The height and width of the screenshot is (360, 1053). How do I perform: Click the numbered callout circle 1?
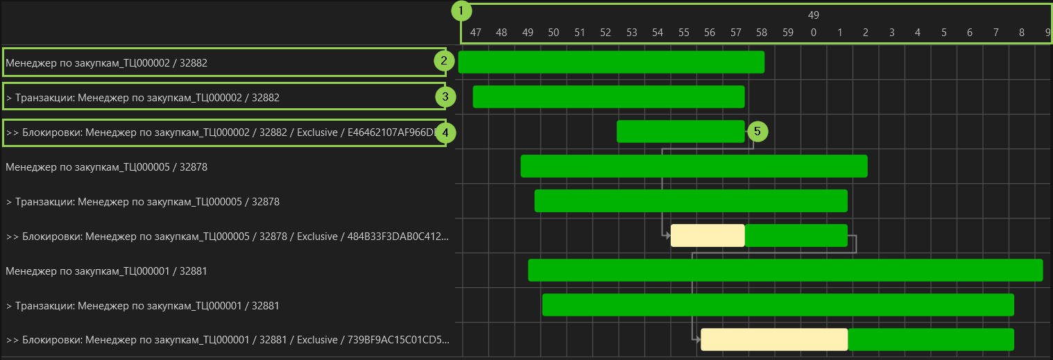click(461, 11)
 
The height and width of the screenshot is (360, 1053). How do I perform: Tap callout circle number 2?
click(445, 61)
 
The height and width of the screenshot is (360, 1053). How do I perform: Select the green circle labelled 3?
click(445, 96)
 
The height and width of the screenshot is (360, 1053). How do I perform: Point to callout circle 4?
click(445, 132)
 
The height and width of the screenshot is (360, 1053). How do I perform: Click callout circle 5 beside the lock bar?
click(757, 130)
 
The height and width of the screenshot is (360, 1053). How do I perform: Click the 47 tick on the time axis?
click(475, 32)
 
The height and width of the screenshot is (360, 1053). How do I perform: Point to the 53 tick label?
click(631, 32)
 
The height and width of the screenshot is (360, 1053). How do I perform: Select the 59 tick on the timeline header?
click(787, 32)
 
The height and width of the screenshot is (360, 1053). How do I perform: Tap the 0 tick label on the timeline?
click(814, 32)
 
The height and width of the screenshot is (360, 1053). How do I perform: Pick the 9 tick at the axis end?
click(1047, 32)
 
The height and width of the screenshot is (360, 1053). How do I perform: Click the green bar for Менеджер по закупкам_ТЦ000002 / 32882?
click(611, 62)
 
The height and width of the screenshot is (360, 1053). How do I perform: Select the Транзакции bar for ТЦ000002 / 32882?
click(608, 96)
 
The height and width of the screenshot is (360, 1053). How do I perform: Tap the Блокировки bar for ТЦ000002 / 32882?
click(680, 131)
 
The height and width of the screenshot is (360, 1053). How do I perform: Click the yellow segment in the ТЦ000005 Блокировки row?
click(708, 235)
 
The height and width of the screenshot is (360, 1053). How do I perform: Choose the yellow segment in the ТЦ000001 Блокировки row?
click(774, 339)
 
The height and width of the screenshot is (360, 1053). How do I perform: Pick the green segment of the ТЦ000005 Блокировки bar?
click(796, 235)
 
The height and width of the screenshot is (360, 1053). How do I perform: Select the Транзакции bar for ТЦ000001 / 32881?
click(778, 305)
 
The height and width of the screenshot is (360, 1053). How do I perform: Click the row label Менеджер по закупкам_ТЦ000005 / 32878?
click(107, 166)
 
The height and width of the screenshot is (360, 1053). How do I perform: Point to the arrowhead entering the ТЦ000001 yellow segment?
click(697, 339)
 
